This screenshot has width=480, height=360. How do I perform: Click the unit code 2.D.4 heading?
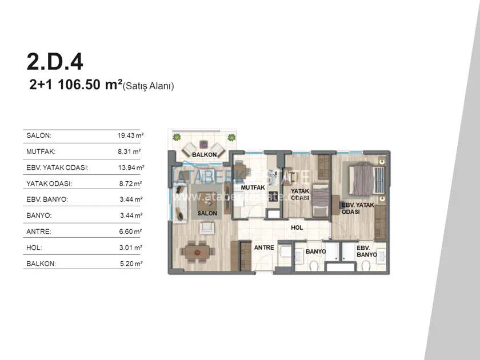click(x=55, y=62)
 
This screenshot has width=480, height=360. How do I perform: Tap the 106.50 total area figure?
click(x=79, y=85)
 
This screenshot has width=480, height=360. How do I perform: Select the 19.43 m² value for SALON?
click(x=130, y=135)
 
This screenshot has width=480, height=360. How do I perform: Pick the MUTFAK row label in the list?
click(x=41, y=151)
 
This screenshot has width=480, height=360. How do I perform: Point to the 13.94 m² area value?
click(x=131, y=167)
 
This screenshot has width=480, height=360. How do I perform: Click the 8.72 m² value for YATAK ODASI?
click(x=130, y=183)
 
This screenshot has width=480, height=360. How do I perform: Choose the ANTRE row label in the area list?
click(x=39, y=231)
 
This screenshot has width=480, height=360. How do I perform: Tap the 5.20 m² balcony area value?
click(x=131, y=263)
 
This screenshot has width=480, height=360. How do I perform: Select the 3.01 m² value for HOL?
click(x=131, y=247)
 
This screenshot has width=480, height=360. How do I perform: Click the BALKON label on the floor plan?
click(x=204, y=155)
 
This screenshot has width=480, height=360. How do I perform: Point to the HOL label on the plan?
click(x=297, y=227)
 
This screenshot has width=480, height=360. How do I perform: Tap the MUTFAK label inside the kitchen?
click(x=253, y=187)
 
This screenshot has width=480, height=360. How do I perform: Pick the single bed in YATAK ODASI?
click(x=321, y=200)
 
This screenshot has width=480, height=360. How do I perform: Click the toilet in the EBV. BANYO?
click(x=366, y=266)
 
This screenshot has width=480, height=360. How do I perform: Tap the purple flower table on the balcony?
click(x=203, y=144)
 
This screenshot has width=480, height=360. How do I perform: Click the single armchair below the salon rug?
click(x=206, y=228)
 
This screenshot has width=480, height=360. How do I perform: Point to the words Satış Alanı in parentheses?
click(x=148, y=86)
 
